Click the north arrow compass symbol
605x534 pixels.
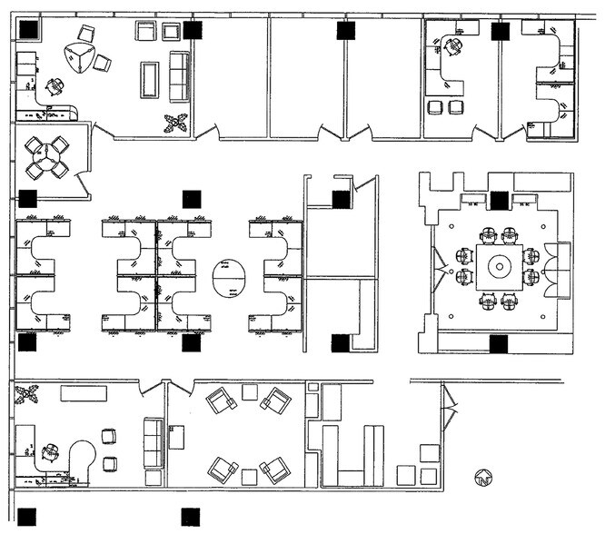coord(483,475)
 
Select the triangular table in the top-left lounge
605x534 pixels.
coord(80,58)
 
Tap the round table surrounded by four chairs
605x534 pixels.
coord(45,157)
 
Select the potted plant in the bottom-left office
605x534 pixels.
coord(26,395)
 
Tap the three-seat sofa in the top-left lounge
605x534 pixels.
coord(179,76)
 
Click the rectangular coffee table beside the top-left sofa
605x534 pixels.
coord(149,79)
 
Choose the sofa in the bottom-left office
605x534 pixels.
coord(154,443)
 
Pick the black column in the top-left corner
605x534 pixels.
coord(28,29)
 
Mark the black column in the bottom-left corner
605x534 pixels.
coord(27,517)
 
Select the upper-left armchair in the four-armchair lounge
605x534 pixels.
coord(221,400)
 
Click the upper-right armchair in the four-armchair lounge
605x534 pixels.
coord(276,400)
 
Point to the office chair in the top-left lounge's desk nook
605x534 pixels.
coord(55,87)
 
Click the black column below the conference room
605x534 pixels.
coord(498,343)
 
